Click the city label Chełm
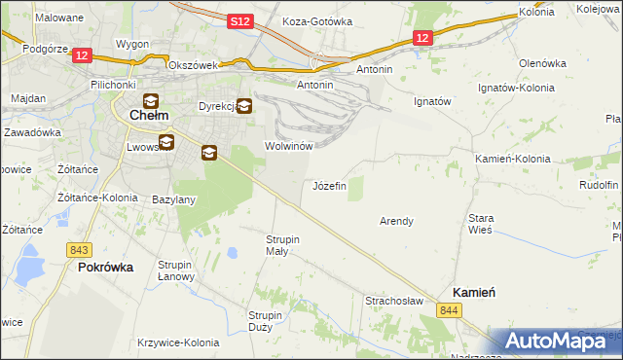pyautogui.click(x=149, y=116)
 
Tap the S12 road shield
pyautogui.click(x=242, y=21)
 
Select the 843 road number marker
pyautogui.click(x=80, y=250)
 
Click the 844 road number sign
pyautogui.click(x=448, y=309)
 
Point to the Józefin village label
pyautogui.click(x=329, y=186)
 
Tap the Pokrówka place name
pyautogui.click(x=105, y=267)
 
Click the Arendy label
pyautogui.click(x=396, y=221)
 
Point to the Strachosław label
pyautogui.click(x=393, y=301)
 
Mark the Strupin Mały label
pyautogui.click(x=282, y=245)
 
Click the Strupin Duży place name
pyautogui.click(x=265, y=321)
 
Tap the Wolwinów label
pyautogui.click(x=287, y=146)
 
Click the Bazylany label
pyautogui.click(x=174, y=199)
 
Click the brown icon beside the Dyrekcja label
pyautogui.click(x=243, y=107)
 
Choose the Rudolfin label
pyautogui.click(x=599, y=185)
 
